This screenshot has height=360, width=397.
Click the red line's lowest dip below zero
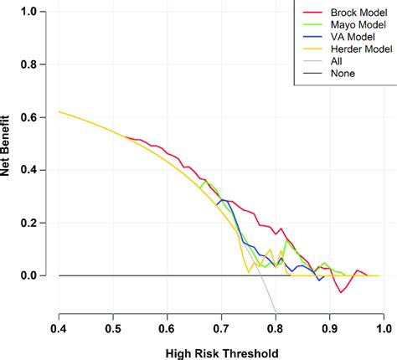click(x=341, y=292)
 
